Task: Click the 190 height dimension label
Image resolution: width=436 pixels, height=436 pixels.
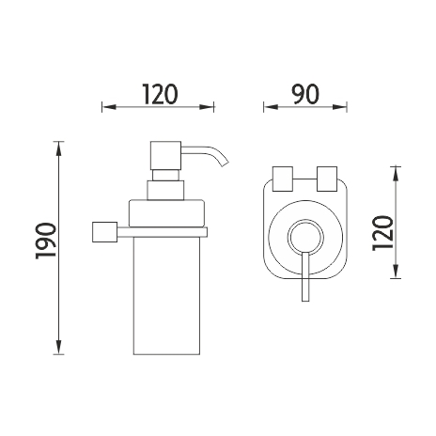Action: pyautogui.click(x=46, y=241)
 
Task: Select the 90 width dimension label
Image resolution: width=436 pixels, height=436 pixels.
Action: pyautogui.click(x=305, y=94)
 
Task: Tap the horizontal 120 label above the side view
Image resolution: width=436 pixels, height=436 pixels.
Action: pyautogui.click(x=160, y=94)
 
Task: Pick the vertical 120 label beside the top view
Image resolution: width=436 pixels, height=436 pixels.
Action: pyautogui.click(x=382, y=233)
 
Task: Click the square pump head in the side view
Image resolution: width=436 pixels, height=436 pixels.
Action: pyautogui.click(x=166, y=155)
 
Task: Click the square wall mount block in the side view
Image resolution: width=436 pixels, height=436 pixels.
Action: pyautogui.click(x=105, y=232)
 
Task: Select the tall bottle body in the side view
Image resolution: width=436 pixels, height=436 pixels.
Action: pyautogui.click(x=166, y=295)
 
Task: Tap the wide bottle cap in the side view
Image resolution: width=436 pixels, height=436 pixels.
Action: pyautogui.click(x=167, y=213)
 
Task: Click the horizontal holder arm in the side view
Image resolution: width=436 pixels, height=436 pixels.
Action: pyautogui.click(x=163, y=232)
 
